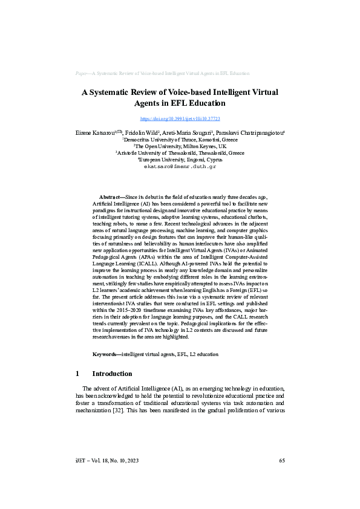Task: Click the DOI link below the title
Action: [x=180, y=119]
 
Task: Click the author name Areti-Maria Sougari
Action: [x=187, y=132]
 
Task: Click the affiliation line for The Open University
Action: [x=180, y=146]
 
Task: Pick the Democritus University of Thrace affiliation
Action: [x=180, y=140]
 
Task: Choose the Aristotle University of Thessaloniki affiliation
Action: [x=180, y=153]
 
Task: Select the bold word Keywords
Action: [x=105, y=354]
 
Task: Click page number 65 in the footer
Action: [x=282, y=461]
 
